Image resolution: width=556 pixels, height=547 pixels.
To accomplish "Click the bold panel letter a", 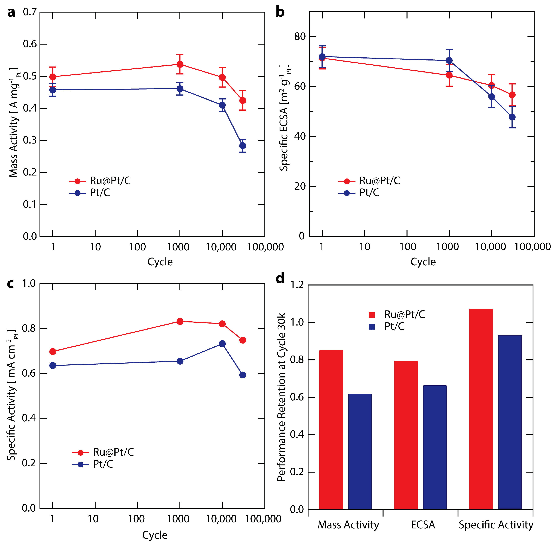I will [11, 13].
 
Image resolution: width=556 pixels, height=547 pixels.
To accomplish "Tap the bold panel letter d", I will [280, 278].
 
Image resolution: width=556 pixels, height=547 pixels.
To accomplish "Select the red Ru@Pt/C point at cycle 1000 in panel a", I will [180, 64].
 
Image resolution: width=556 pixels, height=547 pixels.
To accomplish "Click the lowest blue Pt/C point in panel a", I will [242, 146].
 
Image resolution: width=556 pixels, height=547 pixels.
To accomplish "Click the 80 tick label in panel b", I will [300, 37].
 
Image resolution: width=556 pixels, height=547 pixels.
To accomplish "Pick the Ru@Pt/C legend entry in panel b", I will [379, 181].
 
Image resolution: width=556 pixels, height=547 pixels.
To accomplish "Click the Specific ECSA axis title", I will [284, 118].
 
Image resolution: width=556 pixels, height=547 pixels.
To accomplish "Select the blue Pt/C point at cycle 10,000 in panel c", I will [222, 344].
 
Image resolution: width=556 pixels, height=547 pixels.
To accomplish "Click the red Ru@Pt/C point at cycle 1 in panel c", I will [52, 351].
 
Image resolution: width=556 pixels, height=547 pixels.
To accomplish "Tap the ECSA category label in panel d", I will [422, 525].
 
